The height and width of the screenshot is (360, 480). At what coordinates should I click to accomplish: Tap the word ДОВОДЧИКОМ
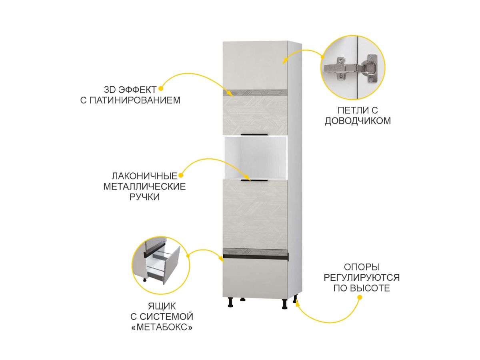(x=358, y=121)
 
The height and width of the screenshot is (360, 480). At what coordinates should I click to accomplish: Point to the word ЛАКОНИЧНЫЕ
(x=144, y=176)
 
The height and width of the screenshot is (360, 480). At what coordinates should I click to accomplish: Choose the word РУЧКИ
(x=144, y=197)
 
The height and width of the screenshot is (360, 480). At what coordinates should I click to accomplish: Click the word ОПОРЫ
(x=362, y=267)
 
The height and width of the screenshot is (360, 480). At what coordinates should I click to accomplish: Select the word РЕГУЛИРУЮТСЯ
(x=362, y=278)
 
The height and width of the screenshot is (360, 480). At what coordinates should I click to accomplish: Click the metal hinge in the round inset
(x=350, y=69)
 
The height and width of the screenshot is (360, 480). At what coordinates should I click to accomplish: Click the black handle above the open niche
(x=254, y=134)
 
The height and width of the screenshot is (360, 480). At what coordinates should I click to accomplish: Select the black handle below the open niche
(x=254, y=180)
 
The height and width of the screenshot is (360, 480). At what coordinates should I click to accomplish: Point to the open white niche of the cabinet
(x=255, y=158)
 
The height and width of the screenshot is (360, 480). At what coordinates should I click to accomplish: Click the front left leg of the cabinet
(x=230, y=302)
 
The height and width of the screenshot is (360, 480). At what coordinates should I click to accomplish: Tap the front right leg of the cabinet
(x=284, y=304)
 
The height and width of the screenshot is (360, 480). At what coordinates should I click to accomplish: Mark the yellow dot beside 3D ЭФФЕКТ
(x=161, y=89)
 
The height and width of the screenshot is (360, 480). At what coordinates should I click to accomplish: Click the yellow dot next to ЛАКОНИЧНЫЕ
(x=181, y=175)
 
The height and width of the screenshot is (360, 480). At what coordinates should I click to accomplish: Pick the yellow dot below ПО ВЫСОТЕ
(x=360, y=298)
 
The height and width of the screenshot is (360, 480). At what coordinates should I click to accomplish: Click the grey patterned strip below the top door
(x=255, y=93)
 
